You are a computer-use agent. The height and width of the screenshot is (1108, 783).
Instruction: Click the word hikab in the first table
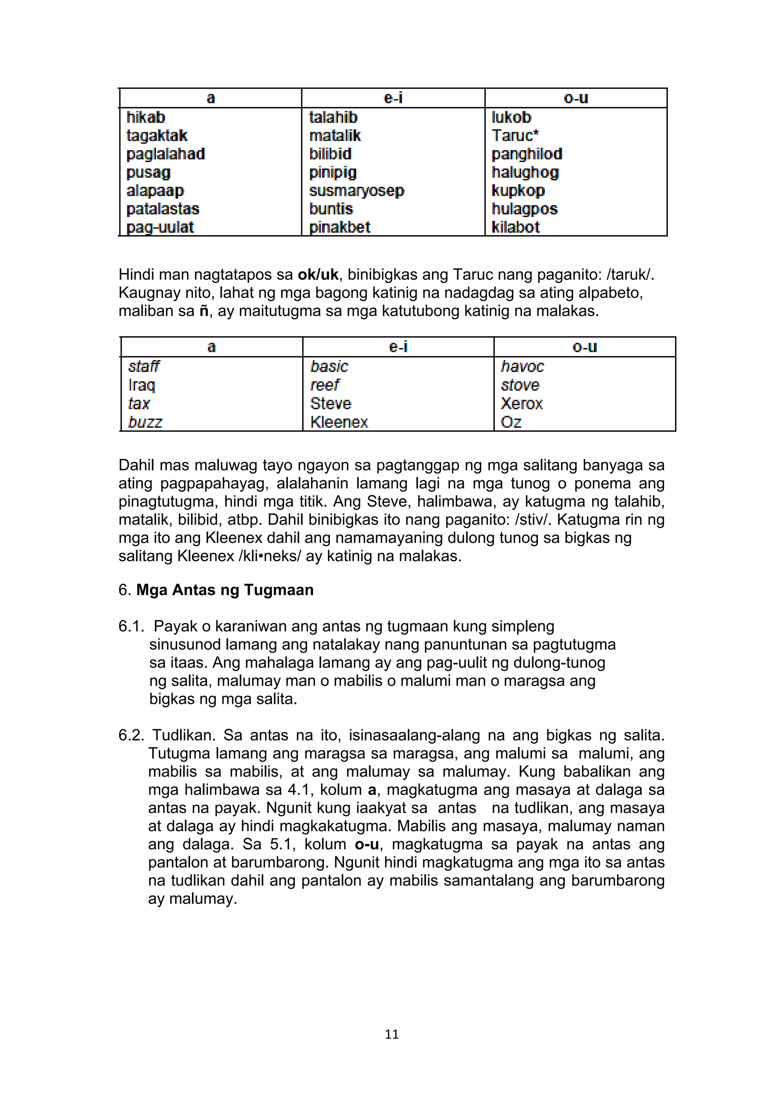(145, 117)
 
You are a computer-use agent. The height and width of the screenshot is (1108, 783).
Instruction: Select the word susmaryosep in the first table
(357, 191)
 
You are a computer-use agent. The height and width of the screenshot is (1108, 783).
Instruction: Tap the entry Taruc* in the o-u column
(515, 136)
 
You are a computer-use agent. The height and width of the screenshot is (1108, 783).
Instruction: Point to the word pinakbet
(340, 227)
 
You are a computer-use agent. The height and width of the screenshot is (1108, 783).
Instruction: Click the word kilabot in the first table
(515, 227)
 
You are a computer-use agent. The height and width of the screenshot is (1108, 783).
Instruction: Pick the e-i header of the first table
(393, 98)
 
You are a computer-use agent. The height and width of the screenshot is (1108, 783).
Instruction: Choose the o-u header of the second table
(584, 347)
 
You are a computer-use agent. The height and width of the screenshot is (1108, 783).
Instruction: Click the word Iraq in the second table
(141, 385)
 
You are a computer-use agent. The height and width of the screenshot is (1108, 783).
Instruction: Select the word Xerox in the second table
(521, 403)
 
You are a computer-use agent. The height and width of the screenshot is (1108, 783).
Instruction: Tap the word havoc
(522, 367)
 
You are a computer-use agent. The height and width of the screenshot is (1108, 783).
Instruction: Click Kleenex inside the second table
(339, 422)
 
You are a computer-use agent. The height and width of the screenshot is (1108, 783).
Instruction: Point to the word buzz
(145, 422)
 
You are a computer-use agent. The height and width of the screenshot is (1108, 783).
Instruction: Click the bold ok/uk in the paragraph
(318, 275)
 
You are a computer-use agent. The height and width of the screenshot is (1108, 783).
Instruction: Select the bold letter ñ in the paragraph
(204, 311)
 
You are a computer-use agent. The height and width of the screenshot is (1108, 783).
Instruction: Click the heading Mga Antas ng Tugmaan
(225, 590)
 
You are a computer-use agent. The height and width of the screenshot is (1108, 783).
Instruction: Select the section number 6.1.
(131, 626)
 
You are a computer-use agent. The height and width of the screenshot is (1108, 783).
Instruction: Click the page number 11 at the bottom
(391, 1034)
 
